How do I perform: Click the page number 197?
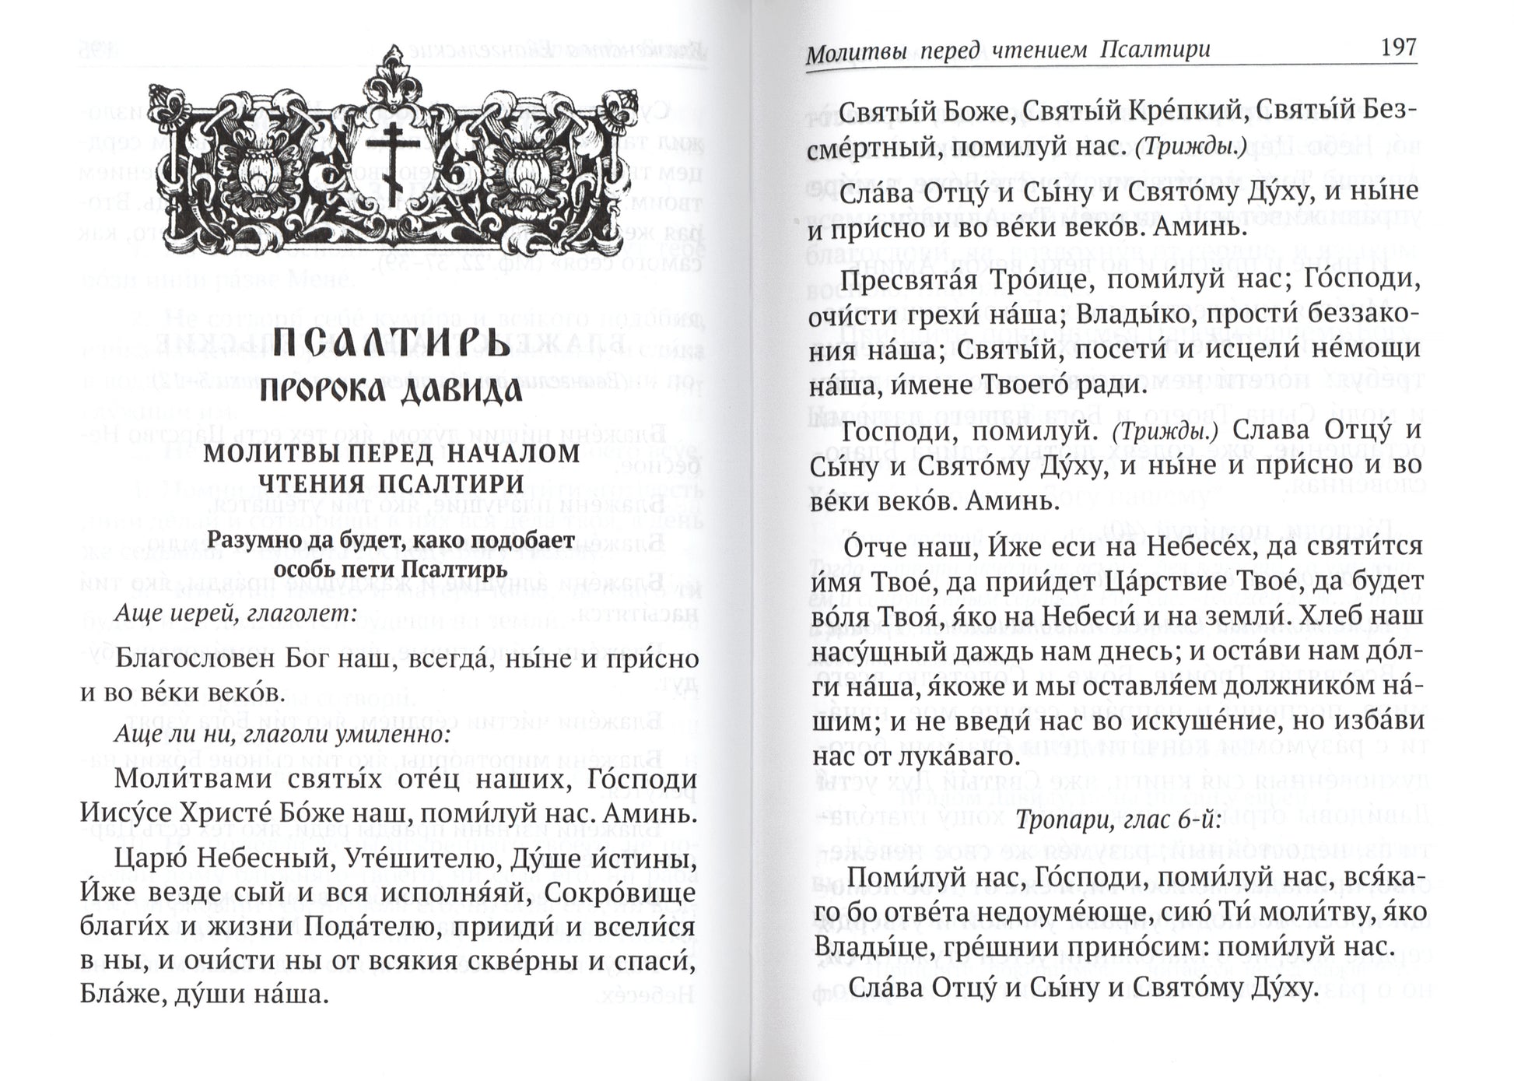(x=1397, y=47)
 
